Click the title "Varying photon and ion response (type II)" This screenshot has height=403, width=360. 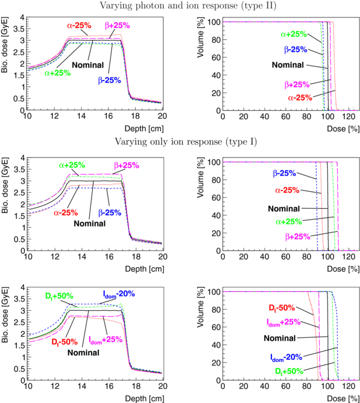click(181, 6)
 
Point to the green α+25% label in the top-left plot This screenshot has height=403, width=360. click(57, 73)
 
